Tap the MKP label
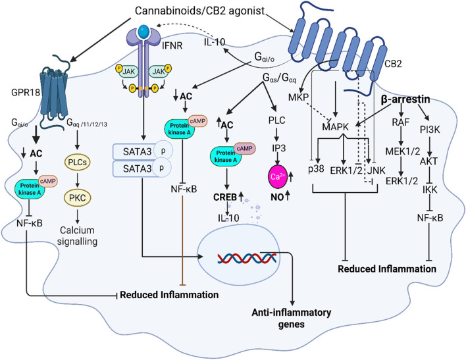coord(299,99)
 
